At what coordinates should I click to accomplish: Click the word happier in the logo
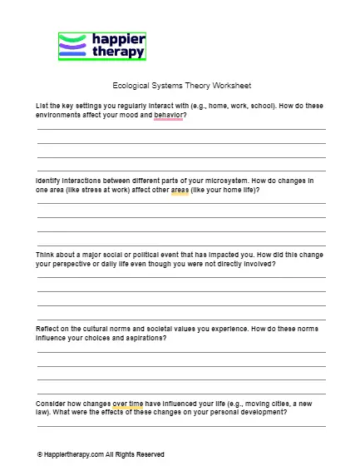(x=116, y=40)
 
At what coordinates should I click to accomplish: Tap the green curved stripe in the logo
(x=72, y=38)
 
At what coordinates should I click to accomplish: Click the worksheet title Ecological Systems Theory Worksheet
(x=180, y=86)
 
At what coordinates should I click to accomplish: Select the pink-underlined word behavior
(x=169, y=115)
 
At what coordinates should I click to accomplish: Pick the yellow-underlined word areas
(x=180, y=190)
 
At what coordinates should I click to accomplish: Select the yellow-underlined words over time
(x=128, y=404)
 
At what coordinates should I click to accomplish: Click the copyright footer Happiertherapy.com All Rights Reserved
(x=101, y=454)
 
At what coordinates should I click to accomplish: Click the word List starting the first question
(x=42, y=107)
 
